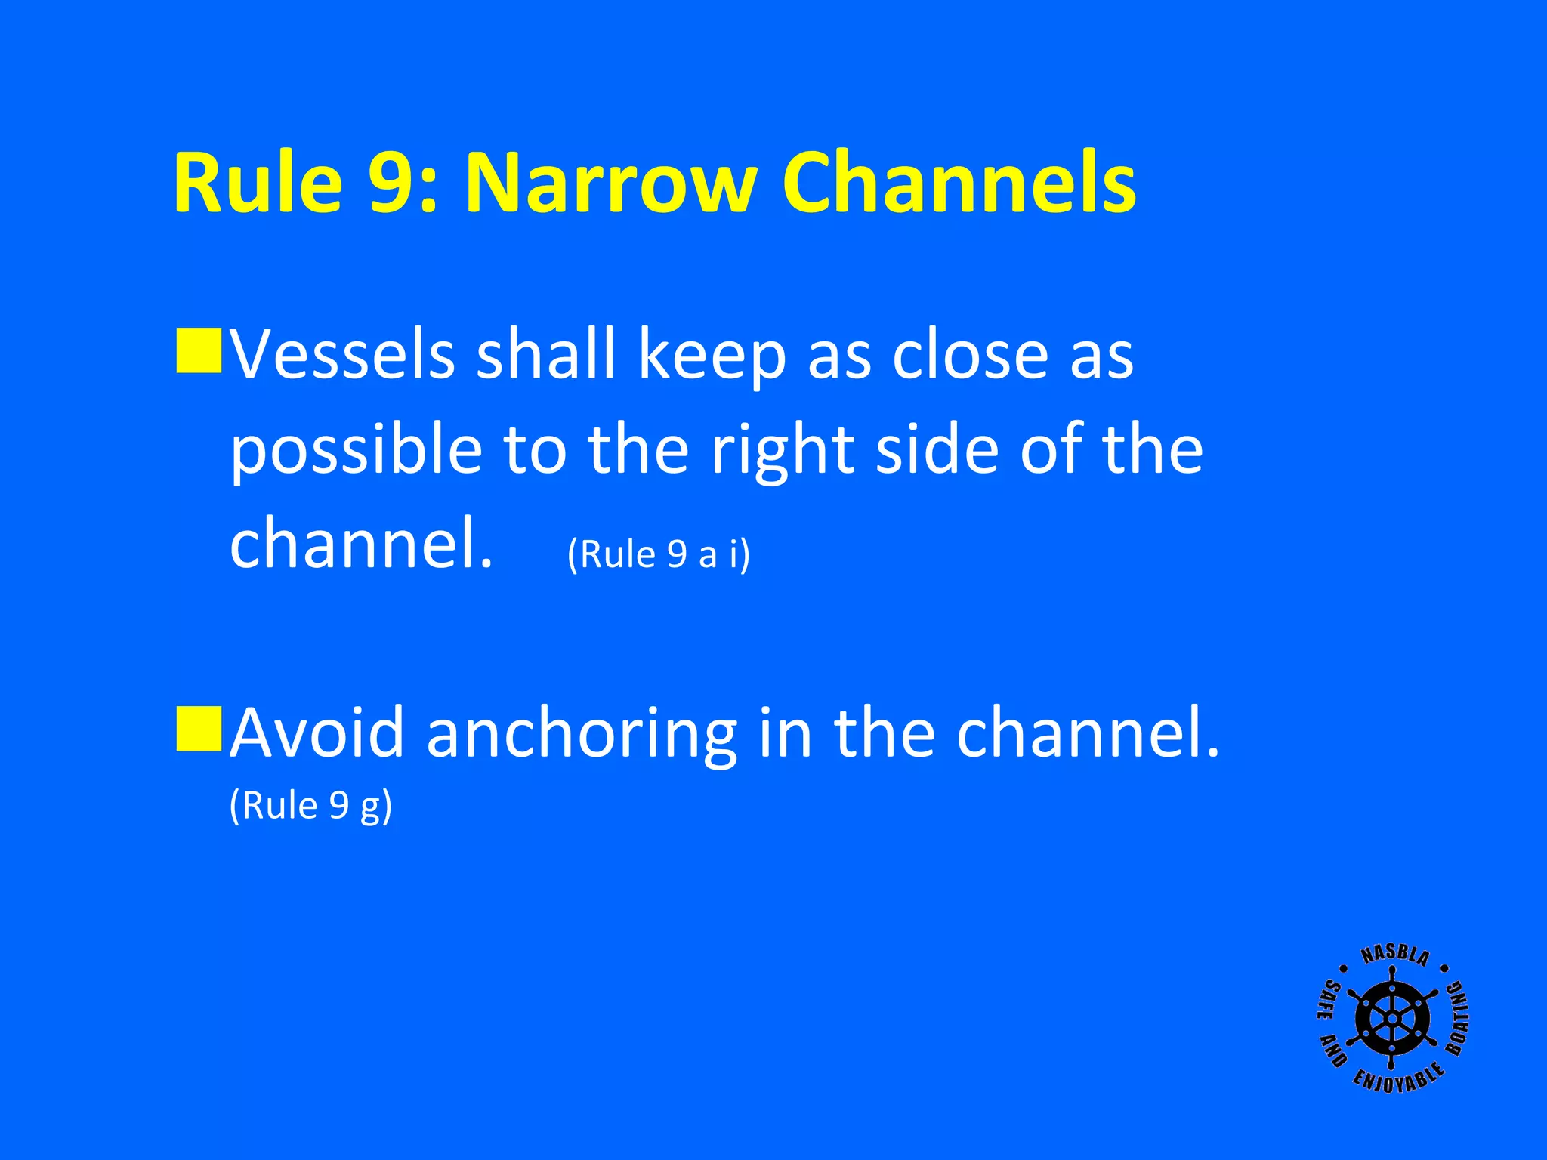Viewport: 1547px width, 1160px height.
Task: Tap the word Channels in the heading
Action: pyautogui.click(x=959, y=184)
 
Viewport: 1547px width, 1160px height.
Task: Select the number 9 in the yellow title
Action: pyautogui.click(x=396, y=184)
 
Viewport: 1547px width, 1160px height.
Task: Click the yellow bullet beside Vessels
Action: pyautogui.click(x=199, y=350)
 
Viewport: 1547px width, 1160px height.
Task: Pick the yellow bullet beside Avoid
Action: pyautogui.click(x=199, y=729)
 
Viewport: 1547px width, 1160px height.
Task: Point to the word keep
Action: pyautogui.click(x=712, y=355)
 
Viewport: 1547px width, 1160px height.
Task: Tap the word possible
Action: pyautogui.click(x=356, y=450)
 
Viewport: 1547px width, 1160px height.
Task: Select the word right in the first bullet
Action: pyautogui.click(x=782, y=450)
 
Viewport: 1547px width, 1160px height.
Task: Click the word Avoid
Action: pyautogui.click(x=317, y=733)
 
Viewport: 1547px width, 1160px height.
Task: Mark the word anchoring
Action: pyautogui.click(x=582, y=734)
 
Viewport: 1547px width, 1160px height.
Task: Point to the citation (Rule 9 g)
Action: pyautogui.click(x=310, y=806)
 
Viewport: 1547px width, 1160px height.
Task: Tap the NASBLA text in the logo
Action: pyautogui.click(x=1394, y=956)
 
